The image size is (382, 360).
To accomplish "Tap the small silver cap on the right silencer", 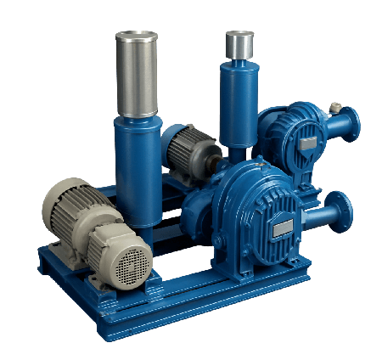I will coord(239,43).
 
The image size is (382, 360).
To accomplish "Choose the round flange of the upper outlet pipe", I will coord(351,123).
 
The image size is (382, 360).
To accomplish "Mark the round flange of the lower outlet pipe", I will coord(340,211).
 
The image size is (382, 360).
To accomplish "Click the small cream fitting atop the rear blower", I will coord(334,106).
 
